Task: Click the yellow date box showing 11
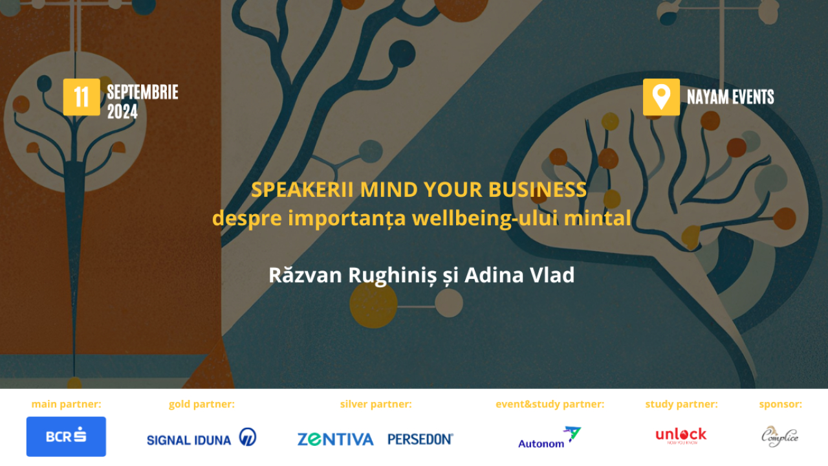point(82,97)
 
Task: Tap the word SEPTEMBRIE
point(142,92)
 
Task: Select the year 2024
point(122,112)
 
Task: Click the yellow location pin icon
point(660,97)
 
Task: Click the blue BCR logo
point(66,436)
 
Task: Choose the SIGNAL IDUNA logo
point(201,438)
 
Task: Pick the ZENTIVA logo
point(335,439)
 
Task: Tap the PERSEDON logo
point(420,439)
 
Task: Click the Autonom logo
point(549,438)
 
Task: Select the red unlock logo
point(681,435)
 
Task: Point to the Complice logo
point(779,436)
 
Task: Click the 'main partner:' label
point(66,405)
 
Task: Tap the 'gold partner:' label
point(202,405)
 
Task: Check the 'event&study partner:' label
point(550,405)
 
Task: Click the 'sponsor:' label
point(780,405)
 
